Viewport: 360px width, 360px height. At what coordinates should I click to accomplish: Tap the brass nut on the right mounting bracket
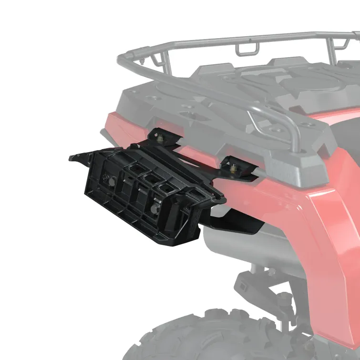[x=234, y=167]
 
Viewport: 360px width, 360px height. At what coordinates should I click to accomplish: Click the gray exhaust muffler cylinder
[x=253, y=248]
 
